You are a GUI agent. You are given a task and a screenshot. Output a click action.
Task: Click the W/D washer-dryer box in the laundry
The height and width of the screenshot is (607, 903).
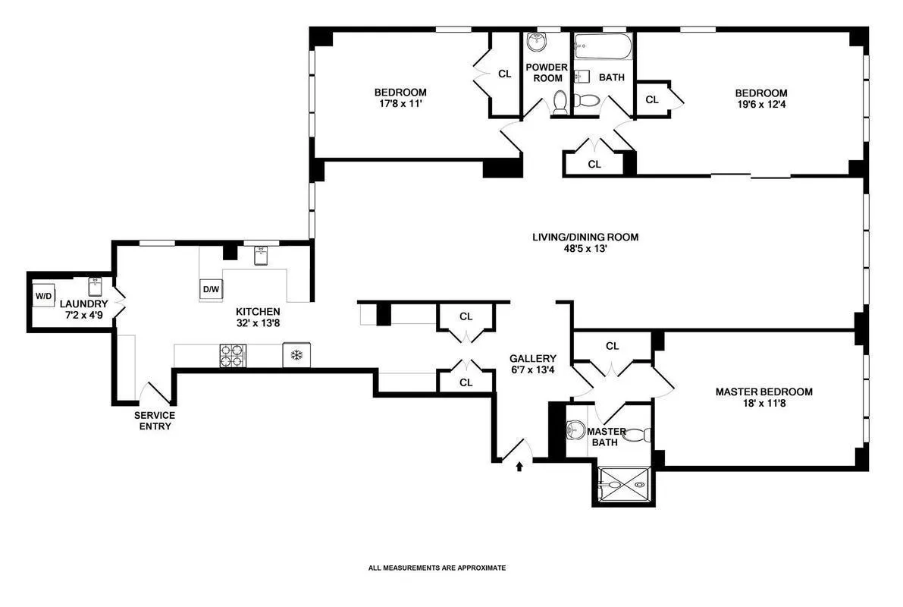(41, 296)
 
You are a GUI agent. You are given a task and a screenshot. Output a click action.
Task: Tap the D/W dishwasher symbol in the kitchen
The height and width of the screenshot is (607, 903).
(210, 289)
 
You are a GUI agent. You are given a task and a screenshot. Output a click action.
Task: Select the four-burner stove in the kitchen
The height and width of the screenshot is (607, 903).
(233, 355)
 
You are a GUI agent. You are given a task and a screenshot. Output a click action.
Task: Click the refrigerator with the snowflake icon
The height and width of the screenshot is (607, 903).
(296, 355)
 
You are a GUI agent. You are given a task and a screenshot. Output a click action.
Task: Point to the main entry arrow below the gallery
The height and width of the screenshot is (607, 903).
(519, 467)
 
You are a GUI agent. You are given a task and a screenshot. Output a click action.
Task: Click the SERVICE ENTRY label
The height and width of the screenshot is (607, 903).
(155, 420)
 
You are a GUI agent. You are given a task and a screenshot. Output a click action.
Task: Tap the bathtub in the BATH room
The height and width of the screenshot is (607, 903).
(602, 49)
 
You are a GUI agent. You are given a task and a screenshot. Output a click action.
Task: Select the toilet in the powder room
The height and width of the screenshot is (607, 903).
(560, 102)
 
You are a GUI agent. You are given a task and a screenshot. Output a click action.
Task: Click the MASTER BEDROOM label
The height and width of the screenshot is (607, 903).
(763, 392)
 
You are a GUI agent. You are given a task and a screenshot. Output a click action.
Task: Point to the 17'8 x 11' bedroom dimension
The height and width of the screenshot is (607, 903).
(400, 105)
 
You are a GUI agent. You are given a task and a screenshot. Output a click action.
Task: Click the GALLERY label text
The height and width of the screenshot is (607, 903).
(532, 359)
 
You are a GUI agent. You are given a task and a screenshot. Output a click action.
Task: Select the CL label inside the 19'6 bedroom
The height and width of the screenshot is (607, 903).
(651, 99)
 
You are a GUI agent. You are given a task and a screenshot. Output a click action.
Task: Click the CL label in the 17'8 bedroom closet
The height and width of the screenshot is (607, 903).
(504, 74)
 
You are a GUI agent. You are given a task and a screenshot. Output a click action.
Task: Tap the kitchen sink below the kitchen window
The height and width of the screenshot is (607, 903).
(261, 256)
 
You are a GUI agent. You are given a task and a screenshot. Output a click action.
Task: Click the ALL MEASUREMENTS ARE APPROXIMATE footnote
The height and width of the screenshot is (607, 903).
(437, 568)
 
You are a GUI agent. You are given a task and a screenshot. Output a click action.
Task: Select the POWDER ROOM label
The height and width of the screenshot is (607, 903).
(547, 73)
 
